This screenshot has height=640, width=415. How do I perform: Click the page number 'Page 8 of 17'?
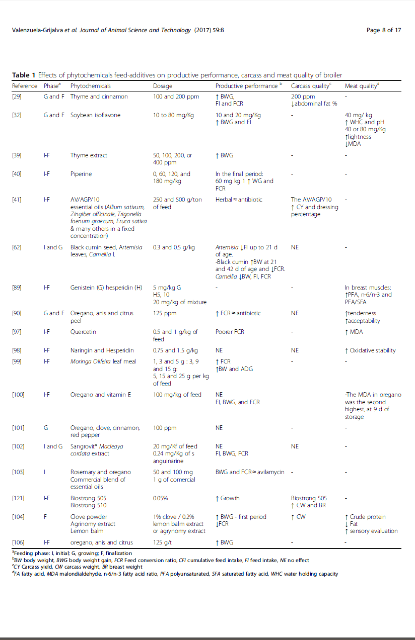pyautogui.click(x=384, y=30)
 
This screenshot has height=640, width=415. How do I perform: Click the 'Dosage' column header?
pyautogui.click(x=163, y=86)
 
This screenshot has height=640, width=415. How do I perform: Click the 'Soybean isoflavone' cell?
pyautogui.click(x=94, y=115)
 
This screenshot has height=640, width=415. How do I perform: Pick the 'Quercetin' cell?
pyautogui.click(x=83, y=332)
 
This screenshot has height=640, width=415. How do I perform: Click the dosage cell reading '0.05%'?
pyautogui.click(x=161, y=498)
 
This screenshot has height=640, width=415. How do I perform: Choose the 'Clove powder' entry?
pyautogui.click(x=89, y=517)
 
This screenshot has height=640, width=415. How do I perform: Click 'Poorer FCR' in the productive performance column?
pyautogui.click(x=230, y=332)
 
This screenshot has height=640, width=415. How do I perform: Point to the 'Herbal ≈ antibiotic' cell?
pyautogui.click(x=239, y=200)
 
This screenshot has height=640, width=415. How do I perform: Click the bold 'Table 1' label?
pyautogui.click(x=24, y=75)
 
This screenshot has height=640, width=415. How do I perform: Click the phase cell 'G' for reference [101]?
pyautogui.click(x=46, y=428)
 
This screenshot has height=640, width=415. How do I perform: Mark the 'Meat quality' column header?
pyautogui.click(x=362, y=86)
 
